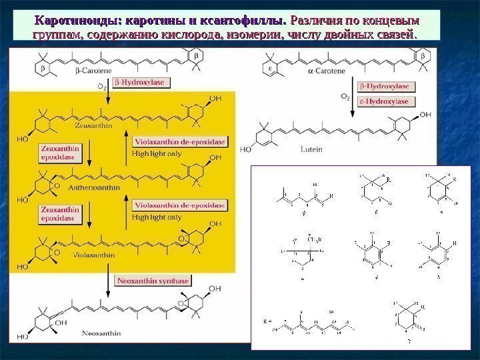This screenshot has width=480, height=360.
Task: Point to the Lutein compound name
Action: point(311,149)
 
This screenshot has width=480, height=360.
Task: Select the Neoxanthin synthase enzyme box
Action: point(153,281)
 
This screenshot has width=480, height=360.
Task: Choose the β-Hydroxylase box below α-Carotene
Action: point(387,87)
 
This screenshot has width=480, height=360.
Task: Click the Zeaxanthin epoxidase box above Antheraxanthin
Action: point(59,152)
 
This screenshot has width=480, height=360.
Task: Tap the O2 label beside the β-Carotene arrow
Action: point(101,86)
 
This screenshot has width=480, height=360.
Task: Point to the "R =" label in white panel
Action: point(268,320)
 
